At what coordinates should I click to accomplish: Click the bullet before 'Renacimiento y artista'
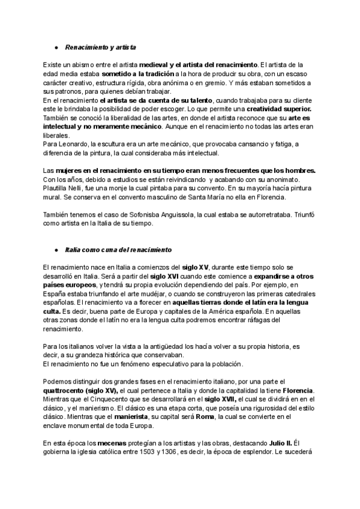tap(55, 46)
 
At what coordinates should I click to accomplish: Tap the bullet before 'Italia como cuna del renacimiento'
tap(55, 248)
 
